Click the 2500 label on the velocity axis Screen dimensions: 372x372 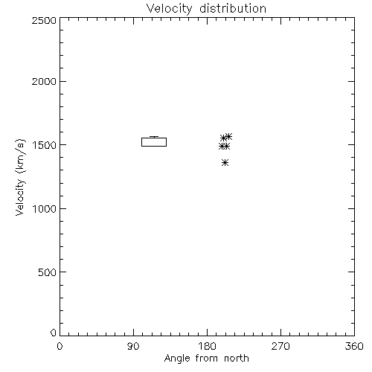coord(44,20)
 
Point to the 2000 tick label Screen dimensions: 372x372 coord(44,81)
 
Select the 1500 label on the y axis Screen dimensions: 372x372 coord(44,145)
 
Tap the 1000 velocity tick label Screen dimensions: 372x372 coord(44,208)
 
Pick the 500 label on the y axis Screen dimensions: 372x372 coord(48,272)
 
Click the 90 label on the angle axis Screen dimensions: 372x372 coord(133,346)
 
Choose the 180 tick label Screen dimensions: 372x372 coord(207,346)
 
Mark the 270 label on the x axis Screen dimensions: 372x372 coord(280,346)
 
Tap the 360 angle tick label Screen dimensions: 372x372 coord(354,346)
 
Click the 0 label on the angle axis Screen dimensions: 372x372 coord(60,346)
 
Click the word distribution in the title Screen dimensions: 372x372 coord(233,9)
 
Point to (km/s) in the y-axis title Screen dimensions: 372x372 coord(20,155)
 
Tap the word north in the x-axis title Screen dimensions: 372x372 coord(237,359)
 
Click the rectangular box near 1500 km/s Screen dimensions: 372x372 coord(154,138)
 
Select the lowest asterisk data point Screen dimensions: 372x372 coord(225,163)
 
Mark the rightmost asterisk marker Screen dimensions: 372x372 coord(228,136)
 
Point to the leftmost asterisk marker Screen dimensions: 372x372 coord(222,147)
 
